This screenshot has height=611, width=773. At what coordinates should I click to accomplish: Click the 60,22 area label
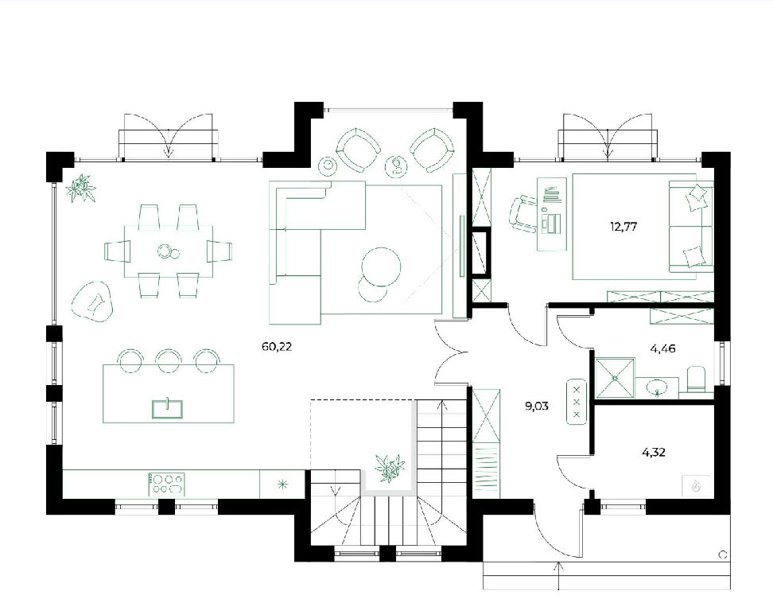(277, 347)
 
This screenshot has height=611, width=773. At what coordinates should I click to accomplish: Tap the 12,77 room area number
(623, 227)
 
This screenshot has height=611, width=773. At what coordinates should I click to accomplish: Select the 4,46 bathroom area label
(662, 349)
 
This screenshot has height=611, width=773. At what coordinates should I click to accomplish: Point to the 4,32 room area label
(654, 452)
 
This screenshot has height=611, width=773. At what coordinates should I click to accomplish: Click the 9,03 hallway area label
(536, 407)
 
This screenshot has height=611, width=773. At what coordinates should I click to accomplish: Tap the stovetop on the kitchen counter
(167, 484)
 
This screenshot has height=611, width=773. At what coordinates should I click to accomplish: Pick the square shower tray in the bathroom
(616, 378)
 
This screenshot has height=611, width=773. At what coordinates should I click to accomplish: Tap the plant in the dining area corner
(81, 189)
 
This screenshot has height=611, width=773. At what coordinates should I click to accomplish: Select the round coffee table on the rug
(381, 265)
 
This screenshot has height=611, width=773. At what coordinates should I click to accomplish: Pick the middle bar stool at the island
(169, 360)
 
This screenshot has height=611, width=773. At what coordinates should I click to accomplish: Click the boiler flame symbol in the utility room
(696, 486)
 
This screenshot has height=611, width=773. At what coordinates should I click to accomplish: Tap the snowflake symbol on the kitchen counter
(283, 485)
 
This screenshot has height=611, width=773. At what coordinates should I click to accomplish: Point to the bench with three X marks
(577, 402)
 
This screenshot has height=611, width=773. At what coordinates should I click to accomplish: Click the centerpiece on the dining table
(168, 252)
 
